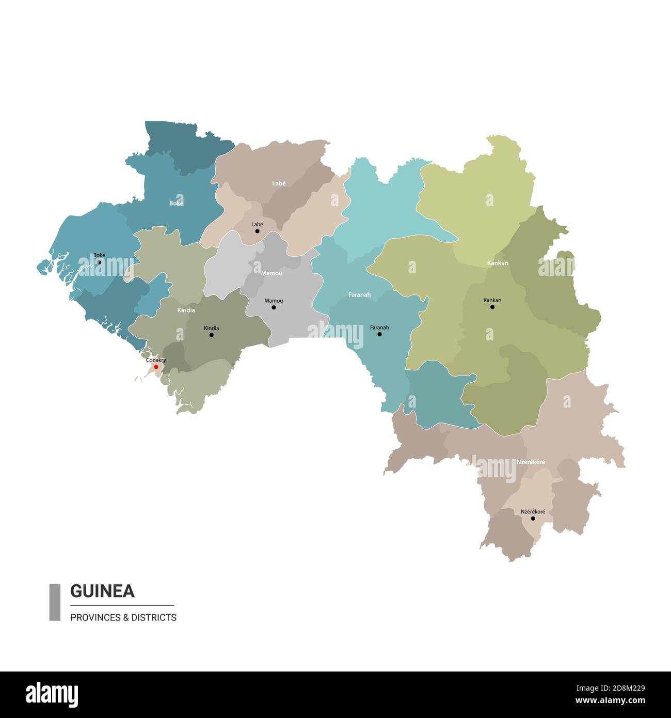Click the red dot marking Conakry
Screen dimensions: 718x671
(156, 367)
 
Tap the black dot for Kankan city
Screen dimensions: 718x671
(492, 307)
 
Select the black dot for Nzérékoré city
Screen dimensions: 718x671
(533, 518)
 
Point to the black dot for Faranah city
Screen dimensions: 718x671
(379, 334)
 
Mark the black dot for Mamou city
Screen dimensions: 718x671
(274, 307)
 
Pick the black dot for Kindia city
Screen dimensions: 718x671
(211, 335)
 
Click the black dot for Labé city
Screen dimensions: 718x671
(257, 231)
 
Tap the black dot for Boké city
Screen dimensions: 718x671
(100, 262)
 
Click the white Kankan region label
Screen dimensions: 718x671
(498, 263)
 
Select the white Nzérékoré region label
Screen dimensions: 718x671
(531, 462)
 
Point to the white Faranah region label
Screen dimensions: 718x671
(359, 295)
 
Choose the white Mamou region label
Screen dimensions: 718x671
(271, 273)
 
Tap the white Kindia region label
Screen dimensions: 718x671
(186, 310)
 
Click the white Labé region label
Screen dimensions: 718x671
(279, 183)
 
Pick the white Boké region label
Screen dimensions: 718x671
(176, 203)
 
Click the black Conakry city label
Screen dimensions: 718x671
(156, 360)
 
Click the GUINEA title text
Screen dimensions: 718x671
(102, 591)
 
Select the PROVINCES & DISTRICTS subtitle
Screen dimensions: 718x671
(123, 617)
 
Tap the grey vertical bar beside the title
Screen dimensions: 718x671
(55, 602)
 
